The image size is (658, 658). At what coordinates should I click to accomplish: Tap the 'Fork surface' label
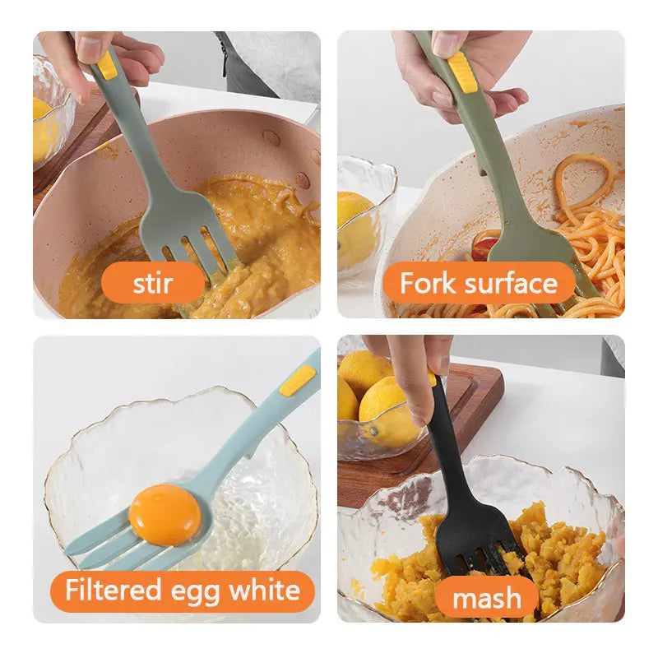478,284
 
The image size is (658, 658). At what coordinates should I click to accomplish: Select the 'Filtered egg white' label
183,591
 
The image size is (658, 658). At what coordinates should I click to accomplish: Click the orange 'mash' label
486,599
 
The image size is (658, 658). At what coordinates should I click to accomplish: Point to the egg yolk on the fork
164,514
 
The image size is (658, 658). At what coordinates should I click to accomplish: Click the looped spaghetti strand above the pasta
584,177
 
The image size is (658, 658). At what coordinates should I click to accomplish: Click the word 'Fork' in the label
425,284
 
